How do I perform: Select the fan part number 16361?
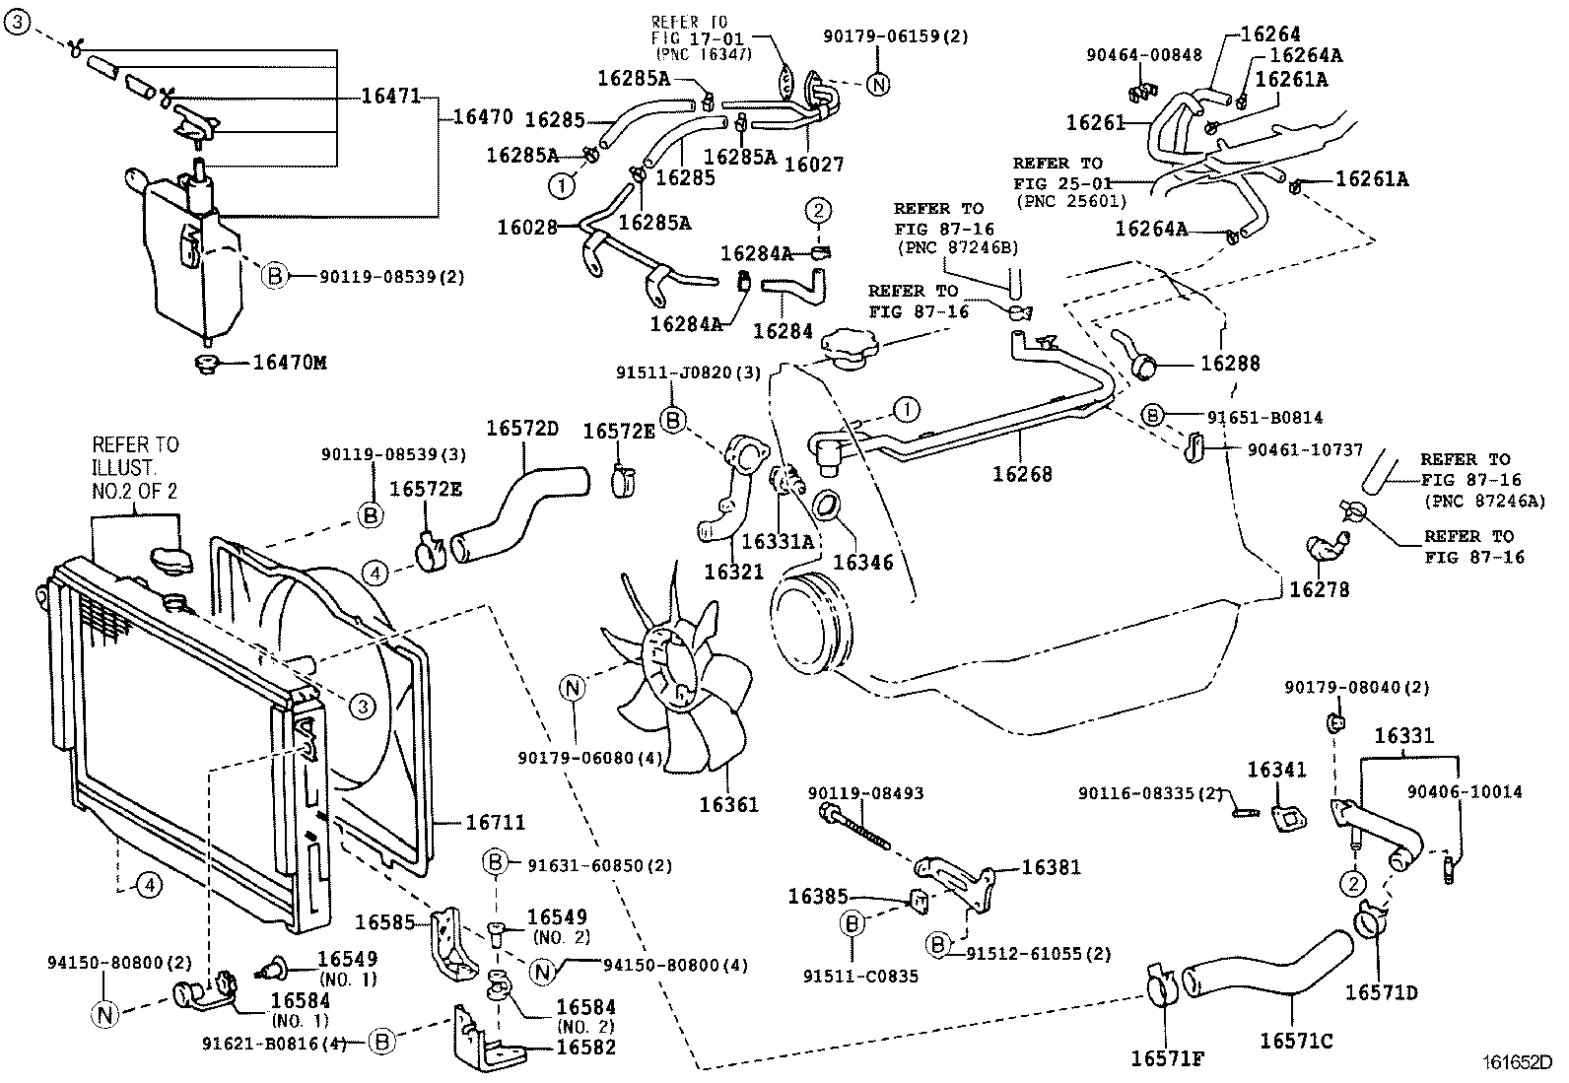(x=729, y=804)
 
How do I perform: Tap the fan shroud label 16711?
(x=495, y=822)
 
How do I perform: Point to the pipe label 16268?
(x=1022, y=474)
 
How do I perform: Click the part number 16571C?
(x=1296, y=1040)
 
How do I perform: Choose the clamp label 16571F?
(x=1167, y=1058)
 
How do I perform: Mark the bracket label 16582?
(x=586, y=1047)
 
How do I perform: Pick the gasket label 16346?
(x=862, y=562)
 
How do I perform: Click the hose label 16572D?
(x=522, y=429)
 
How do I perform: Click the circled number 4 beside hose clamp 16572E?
(x=375, y=572)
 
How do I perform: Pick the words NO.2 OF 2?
(x=135, y=490)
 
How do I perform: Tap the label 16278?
(x=1320, y=589)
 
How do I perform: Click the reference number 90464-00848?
(x=1144, y=55)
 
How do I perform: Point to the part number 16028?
(x=527, y=227)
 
